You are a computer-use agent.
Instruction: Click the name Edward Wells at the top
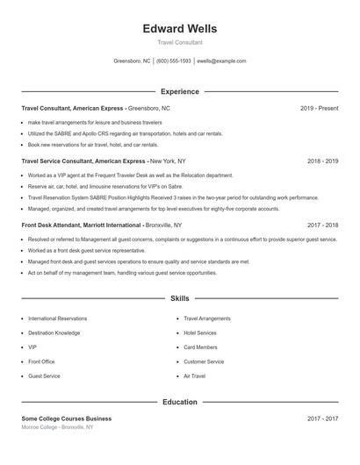click(x=179, y=28)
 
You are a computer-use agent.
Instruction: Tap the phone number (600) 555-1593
click(x=174, y=61)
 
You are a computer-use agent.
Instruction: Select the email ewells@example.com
click(x=222, y=61)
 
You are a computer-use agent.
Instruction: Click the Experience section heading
click(x=179, y=91)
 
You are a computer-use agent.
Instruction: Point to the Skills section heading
click(x=179, y=299)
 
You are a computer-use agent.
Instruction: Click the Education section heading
click(x=179, y=402)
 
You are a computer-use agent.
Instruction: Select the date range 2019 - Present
click(x=319, y=108)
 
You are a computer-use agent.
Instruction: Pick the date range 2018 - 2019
click(x=322, y=161)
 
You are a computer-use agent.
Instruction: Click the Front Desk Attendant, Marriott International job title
click(x=82, y=225)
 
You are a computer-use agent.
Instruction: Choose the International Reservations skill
click(x=58, y=318)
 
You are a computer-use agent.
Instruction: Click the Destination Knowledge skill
click(x=54, y=333)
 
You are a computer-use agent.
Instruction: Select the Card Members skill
click(x=201, y=347)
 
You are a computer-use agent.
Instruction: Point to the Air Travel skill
click(x=194, y=376)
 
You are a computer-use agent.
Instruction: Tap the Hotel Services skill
click(x=200, y=333)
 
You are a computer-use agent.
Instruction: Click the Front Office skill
click(x=41, y=361)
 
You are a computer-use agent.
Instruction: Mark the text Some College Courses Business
click(x=67, y=418)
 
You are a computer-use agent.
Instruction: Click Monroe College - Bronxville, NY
click(x=57, y=427)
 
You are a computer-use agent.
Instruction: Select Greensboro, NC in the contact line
click(x=133, y=61)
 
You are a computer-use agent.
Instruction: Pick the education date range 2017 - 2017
click(x=322, y=418)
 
